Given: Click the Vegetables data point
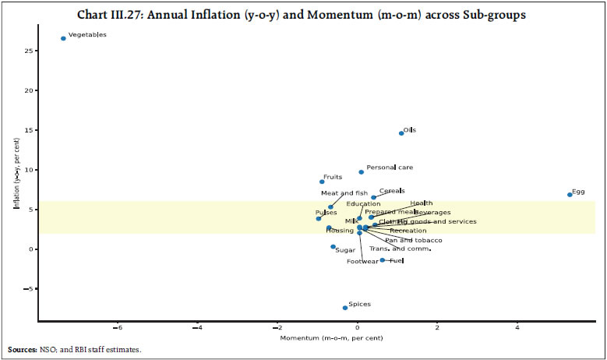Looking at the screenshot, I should [63, 38].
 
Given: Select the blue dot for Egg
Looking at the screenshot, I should [570, 195].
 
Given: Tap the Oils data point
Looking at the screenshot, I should [401, 133].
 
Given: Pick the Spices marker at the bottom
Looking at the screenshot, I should [345, 308].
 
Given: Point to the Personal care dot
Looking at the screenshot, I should [361, 172].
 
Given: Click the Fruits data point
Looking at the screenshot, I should [322, 182].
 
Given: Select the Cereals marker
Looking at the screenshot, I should [374, 197].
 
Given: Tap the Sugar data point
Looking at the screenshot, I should [333, 247].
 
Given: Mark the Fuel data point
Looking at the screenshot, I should [382, 260].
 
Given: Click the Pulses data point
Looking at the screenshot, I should [319, 219].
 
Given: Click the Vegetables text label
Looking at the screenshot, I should [87, 35].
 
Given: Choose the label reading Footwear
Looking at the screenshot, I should [363, 262].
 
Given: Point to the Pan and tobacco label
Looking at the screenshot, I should [414, 241].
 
